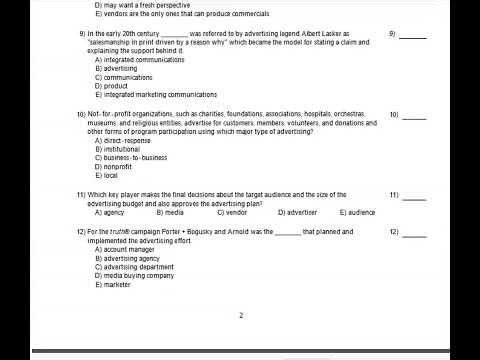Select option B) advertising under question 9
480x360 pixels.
(x=116, y=68)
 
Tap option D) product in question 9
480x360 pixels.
(x=113, y=86)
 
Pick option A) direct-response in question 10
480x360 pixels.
(x=122, y=140)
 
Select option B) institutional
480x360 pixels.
(x=119, y=149)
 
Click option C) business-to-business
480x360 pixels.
(x=130, y=158)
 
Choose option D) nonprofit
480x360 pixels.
(x=117, y=167)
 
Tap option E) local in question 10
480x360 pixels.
(x=107, y=176)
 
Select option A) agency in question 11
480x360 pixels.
(x=109, y=212)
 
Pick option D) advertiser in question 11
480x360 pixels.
(x=297, y=212)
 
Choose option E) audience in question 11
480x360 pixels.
(x=357, y=212)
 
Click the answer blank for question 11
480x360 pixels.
(x=413, y=195)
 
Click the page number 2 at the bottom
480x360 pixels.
(x=240, y=316)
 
